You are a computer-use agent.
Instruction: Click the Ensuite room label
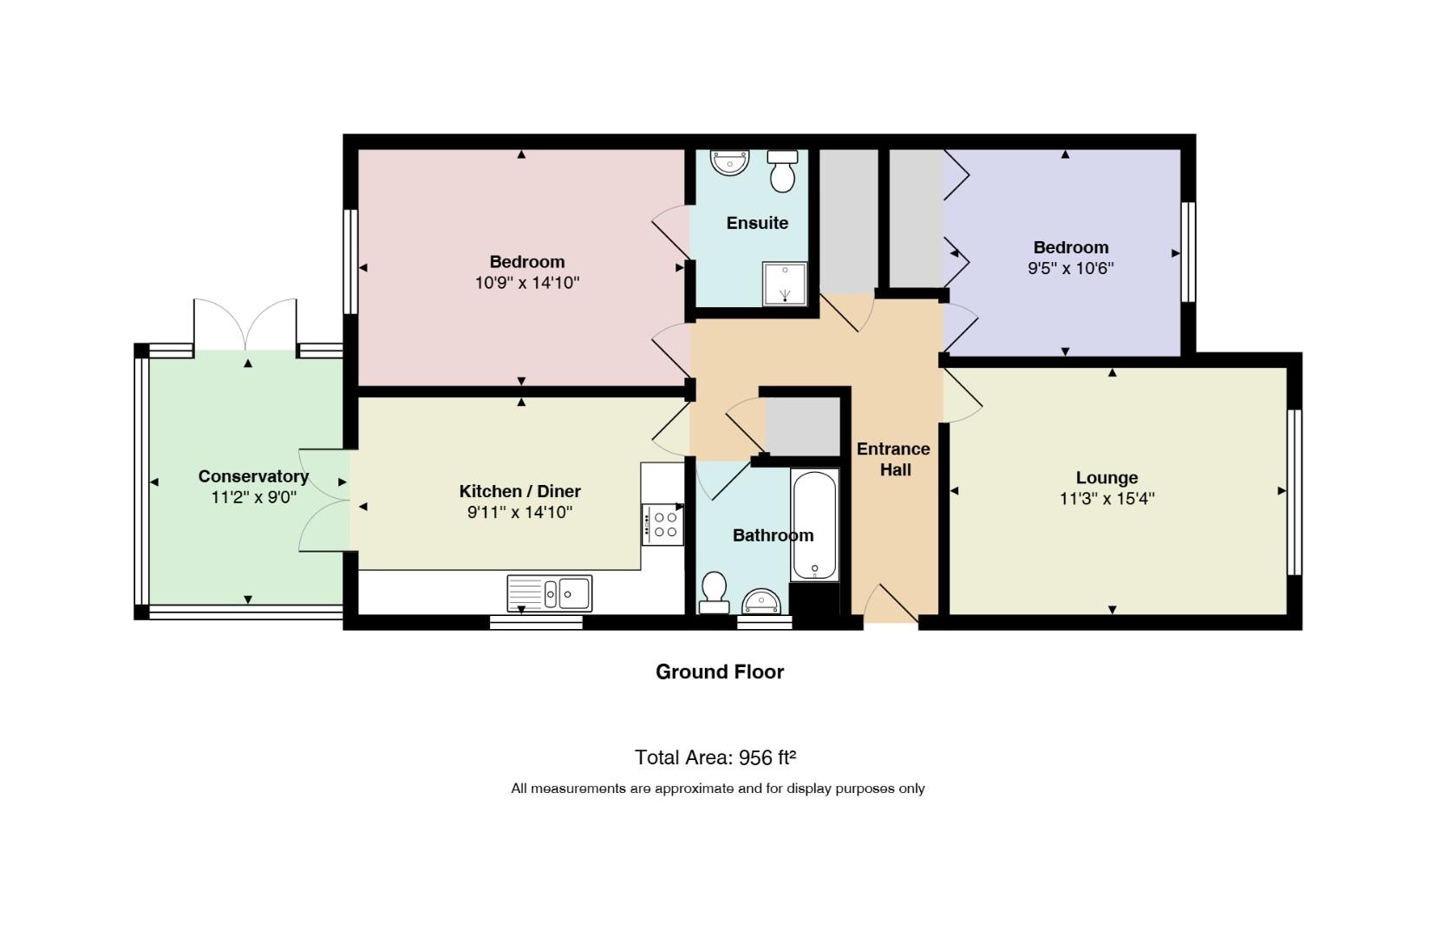(x=757, y=223)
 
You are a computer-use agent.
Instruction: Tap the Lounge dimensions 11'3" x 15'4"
(x=1107, y=498)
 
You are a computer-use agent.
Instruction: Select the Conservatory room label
(x=253, y=476)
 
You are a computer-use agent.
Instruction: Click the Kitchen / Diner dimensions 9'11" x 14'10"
(x=520, y=512)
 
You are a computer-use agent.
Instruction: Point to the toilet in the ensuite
(x=783, y=171)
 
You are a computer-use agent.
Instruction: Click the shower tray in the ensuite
(x=785, y=284)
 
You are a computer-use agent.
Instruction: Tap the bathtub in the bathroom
(x=814, y=526)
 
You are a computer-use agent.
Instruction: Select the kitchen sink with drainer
(x=550, y=593)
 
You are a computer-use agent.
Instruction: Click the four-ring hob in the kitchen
(x=663, y=525)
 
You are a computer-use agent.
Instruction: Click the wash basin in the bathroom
(x=761, y=601)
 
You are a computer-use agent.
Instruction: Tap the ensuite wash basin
(x=729, y=162)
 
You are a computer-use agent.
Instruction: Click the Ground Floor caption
(x=719, y=672)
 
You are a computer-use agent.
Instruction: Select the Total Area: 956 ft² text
(x=715, y=757)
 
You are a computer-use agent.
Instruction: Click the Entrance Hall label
(x=894, y=459)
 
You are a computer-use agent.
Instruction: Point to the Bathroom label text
(x=773, y=535)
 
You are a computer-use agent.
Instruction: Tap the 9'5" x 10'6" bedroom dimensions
(x=1071, y=268)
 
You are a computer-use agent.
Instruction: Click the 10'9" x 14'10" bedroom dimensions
(x=527, y=283)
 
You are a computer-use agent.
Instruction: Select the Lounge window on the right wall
(x=1295, y=492)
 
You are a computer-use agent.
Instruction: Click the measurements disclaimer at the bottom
(x=718, y=789)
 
